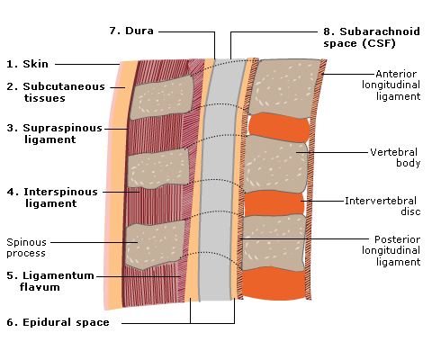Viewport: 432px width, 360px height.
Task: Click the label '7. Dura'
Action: (131, 31)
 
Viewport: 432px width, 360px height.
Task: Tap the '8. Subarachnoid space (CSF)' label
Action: (372, 37)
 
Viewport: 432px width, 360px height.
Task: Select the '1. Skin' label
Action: (27, 64)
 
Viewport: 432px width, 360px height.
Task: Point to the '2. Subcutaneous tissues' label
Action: (56, 92)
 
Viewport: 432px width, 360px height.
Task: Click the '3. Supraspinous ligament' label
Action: (55, 133)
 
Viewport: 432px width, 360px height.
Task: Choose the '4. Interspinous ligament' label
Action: (52, 197)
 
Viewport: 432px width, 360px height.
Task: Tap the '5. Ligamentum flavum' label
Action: (50, 281)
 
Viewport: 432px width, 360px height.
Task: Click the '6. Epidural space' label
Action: (58, 322)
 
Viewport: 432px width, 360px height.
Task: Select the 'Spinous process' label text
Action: (26, 247)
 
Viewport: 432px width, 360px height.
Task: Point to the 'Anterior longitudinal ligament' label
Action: (391, 85)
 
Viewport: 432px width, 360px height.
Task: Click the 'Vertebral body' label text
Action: (395, 157)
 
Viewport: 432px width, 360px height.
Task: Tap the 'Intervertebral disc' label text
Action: (382, 206)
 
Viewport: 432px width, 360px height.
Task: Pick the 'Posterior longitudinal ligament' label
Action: (391, 250)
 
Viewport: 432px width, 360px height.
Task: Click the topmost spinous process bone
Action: (161, 97)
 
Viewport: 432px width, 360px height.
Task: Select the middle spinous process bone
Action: (157, 168)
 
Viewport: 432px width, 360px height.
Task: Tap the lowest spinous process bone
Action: (155, 245)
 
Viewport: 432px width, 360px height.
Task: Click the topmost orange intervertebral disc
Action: (279, 127)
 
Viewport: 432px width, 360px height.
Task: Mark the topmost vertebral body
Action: (284, 88)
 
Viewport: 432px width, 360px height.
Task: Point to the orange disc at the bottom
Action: (274, 283)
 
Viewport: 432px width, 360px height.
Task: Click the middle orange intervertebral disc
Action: (274, 203)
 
